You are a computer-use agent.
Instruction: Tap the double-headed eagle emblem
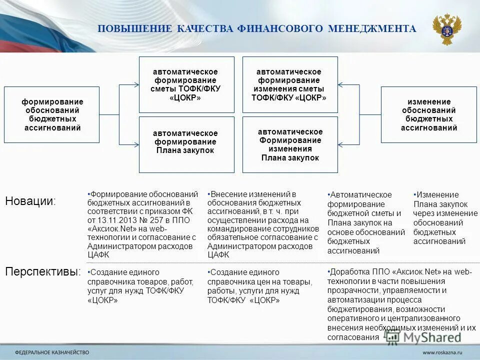(x=446, y=28)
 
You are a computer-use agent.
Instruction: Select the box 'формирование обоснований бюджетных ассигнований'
(x=52, y=114)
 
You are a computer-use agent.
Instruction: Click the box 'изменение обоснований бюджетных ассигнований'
(x=429, y=114)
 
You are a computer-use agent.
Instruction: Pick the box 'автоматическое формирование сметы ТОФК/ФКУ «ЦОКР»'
(x=186, y=84)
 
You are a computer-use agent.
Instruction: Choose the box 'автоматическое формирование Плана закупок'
(x=186, y=144)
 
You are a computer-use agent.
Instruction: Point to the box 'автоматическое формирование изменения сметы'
(x=290, y=84)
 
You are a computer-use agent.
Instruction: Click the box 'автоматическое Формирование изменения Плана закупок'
(x=290, y=144)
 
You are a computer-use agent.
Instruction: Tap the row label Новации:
(x=30, y=201)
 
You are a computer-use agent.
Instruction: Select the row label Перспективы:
(x=43, y=272)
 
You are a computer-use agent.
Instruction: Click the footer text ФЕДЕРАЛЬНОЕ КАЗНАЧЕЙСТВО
(x=52, y=352)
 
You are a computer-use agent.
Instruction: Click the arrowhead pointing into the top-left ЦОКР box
(x=136, y=84)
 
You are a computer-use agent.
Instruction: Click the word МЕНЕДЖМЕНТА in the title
(x=372, y=29)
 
